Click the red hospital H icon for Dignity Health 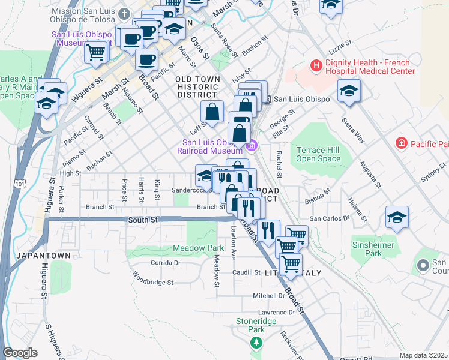315,65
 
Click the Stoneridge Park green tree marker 256,343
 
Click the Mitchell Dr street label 268,296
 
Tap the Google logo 20,353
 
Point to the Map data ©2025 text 423,355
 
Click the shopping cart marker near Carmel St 96,52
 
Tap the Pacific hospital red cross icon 401,143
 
